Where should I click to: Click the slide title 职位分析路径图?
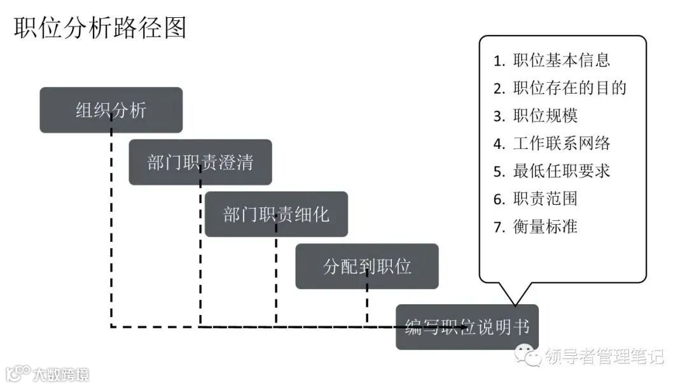(x=100, y=29)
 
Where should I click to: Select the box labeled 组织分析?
(x=111, y=110)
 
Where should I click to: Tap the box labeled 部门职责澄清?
(x=200, y=162)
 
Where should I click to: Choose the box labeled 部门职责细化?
(x=276, y=215)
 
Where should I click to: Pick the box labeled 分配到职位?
(x=367, y=266)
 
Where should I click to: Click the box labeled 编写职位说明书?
(x=467, y=327)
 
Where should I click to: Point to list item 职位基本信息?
(x=562, y=60)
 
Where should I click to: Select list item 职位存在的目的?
(x=570, y=88)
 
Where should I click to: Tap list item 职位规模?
(x=545, y=116)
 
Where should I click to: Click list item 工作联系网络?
(x=562, y=143)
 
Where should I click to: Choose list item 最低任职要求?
(x=562, y=171)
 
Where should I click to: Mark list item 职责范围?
(x=545, y=199)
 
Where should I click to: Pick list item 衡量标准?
(x=545, y=227)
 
